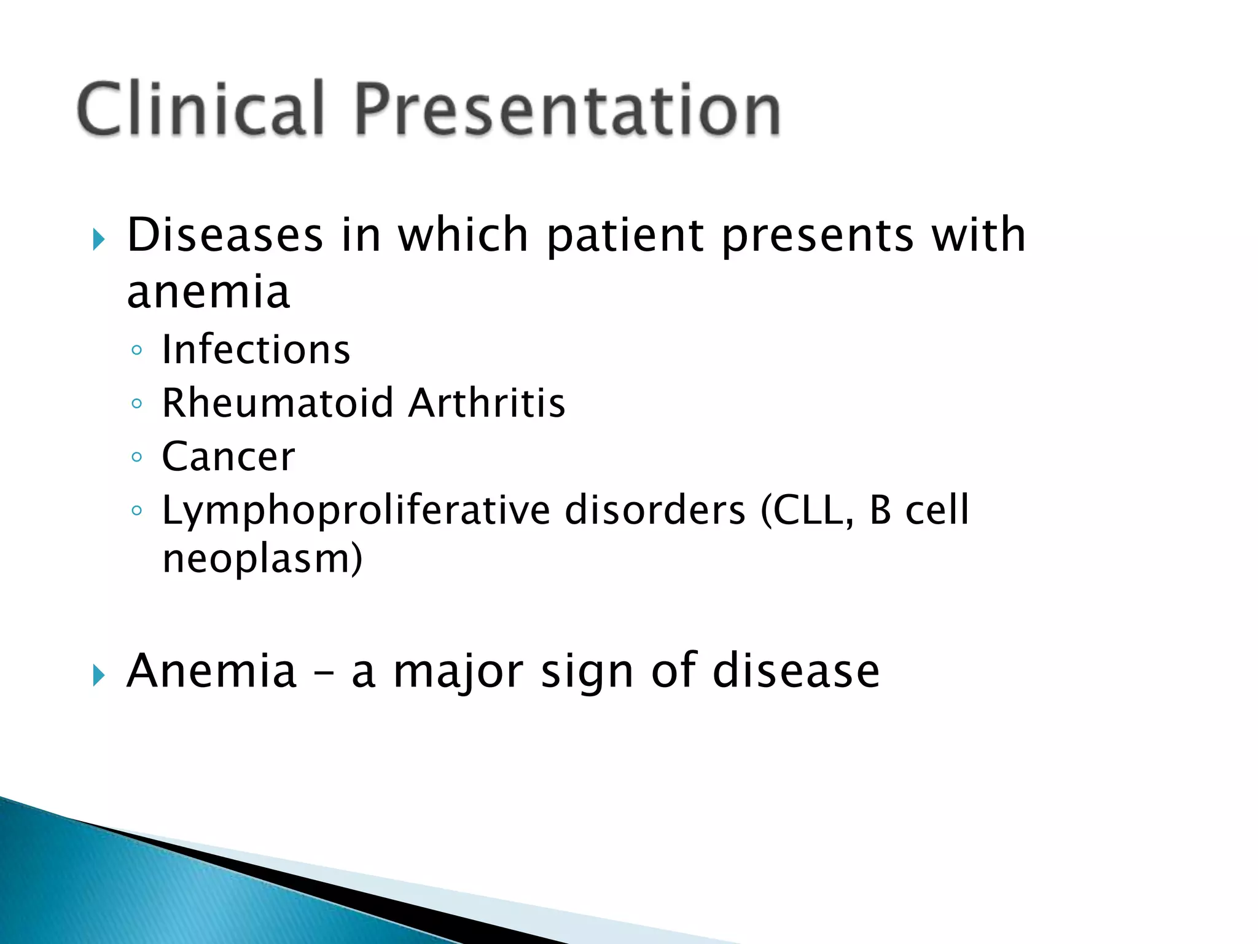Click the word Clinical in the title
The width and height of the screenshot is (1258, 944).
200,109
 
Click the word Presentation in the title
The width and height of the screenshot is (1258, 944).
567,109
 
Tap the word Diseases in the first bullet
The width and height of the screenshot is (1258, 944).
225,235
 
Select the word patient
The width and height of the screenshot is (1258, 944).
625,235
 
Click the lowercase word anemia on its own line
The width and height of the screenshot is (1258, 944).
208,291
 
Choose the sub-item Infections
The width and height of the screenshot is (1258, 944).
256,349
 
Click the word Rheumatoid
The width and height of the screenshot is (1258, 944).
278,403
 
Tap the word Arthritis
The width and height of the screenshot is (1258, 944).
486,403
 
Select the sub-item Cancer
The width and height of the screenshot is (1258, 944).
229,456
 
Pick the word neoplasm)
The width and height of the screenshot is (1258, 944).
262,558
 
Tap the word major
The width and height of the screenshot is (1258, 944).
458,672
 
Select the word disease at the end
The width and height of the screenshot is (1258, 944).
796,671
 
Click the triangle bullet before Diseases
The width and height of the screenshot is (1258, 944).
99,240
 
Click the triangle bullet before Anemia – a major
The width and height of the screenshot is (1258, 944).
99,675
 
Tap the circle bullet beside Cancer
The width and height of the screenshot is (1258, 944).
136,457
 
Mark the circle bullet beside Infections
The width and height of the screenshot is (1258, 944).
136,350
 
